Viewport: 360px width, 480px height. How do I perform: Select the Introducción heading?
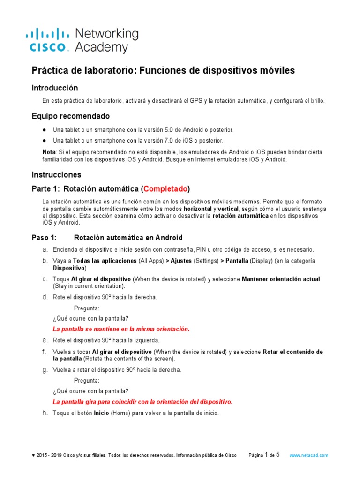(54, 88)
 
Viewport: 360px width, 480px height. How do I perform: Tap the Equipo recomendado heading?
(70, 116)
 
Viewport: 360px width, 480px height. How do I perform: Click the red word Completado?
(165, 189)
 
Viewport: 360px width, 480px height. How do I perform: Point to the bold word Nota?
(49, 152)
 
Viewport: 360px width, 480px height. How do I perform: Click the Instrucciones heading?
(56, 174)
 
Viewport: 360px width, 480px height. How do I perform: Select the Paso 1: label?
(44, 238)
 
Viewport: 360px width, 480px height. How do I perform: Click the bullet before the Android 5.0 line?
(44, 130)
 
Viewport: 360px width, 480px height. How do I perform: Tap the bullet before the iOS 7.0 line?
(44, 141)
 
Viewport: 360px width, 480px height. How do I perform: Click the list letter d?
(45, 297)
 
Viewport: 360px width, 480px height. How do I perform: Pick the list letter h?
(45, 413)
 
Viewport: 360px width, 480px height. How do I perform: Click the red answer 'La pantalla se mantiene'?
(121, 329)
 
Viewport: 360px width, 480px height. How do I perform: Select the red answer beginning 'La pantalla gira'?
(142, 402)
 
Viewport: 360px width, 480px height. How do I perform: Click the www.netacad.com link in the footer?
(308, 455)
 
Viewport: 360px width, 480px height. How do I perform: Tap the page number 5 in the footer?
(277, 455)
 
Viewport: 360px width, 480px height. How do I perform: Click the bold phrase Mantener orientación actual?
(281, 279)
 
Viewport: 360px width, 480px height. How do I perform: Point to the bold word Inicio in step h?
(101, 413)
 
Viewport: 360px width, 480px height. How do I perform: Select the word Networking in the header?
(107, 34)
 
